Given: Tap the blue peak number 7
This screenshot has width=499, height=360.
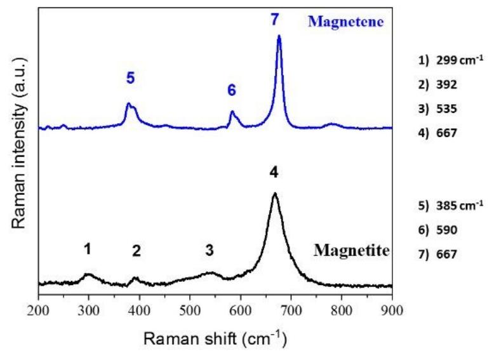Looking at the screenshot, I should [275, 20].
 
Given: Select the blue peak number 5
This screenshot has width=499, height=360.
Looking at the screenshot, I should [130, 78].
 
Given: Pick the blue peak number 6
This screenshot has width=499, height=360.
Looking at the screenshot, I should [232, 91].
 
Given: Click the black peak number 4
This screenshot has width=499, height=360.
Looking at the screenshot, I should [274, 172].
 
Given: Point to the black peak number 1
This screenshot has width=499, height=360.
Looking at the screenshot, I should [88, 249].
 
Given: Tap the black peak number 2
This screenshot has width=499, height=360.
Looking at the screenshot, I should [136, 251].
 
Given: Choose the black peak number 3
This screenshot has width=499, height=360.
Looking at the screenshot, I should [210, 250].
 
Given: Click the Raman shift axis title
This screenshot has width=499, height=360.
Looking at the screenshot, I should [215, 338].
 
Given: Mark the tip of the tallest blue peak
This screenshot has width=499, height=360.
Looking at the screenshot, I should [279, 36].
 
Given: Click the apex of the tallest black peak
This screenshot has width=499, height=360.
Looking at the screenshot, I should [274, 193].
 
